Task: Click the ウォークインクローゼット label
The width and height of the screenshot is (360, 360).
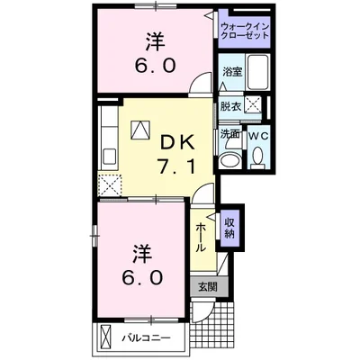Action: [244, 33]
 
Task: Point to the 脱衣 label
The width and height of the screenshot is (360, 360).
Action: [230, 105]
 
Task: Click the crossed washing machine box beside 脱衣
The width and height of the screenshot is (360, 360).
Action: [256, 105]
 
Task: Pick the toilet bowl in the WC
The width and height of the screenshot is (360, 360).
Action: [258, 157]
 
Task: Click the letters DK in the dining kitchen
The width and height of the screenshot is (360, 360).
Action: [175, 141]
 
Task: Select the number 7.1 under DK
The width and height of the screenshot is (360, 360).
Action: [175, 167]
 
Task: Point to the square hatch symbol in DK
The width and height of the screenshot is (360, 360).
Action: [139, 130]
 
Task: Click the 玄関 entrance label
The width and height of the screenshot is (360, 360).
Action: [207, 287]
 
